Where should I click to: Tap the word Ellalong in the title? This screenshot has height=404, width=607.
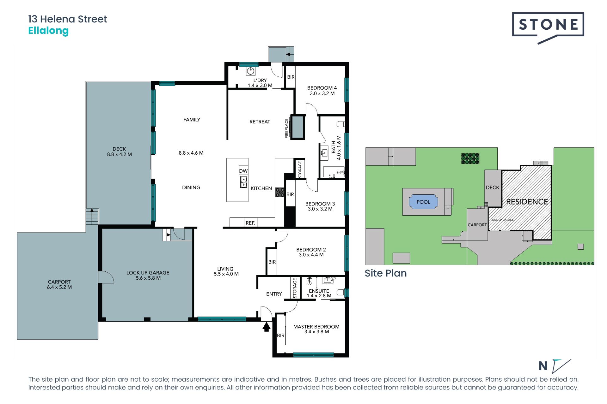48,31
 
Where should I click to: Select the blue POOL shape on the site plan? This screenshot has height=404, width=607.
423,202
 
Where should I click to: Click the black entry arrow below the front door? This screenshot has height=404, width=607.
267,326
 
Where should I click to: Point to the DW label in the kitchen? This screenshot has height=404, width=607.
243,171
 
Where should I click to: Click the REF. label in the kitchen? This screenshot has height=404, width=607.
250,223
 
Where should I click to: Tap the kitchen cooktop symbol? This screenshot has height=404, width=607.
280,193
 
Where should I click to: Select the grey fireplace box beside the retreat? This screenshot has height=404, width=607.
297,127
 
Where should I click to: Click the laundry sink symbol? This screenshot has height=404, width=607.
251,71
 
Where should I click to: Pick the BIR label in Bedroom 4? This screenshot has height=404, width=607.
291,77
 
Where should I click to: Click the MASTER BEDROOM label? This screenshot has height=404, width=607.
316,327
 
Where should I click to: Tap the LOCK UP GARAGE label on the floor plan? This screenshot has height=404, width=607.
148,273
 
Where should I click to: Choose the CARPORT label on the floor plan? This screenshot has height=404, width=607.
59,282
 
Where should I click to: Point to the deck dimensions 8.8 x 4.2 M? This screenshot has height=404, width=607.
120,154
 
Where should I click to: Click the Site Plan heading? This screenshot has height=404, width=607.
386,273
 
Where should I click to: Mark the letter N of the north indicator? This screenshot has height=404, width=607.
543,366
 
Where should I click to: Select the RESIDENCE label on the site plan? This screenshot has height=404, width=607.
527,202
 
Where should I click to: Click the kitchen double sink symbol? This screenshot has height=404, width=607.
243,182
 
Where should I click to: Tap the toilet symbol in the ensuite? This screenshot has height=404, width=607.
340,292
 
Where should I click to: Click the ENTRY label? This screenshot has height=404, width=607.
274,294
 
